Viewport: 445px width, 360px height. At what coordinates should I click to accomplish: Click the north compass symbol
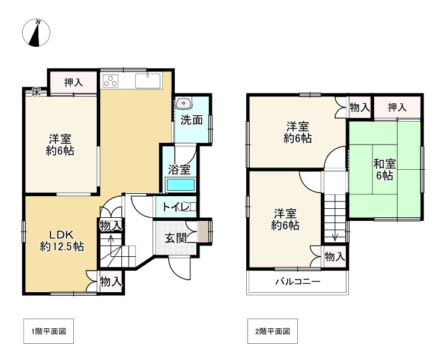coord(38,33)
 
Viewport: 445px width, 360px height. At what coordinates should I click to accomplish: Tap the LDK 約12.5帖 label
coord(61,239)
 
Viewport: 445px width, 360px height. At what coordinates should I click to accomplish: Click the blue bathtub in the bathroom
coord(180,185)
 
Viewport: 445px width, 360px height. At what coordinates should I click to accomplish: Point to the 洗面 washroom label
coord(192,119)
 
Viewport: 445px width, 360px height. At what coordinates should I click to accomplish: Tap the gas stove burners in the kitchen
coord(112,81)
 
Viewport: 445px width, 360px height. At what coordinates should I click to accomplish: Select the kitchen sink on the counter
coord(147,81)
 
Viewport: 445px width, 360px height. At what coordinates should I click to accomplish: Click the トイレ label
coord(177,208)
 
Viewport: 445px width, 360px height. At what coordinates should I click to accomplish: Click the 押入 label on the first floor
coord(73,82)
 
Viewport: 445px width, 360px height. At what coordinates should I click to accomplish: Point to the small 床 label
coord(36,92)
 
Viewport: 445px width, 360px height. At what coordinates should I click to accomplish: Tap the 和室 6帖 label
coord(384,169)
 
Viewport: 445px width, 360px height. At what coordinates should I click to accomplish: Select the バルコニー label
coord(297,282)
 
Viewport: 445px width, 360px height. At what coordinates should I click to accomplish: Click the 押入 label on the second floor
coord(396,107)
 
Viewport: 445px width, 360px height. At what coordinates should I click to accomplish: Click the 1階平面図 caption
coord(49,331)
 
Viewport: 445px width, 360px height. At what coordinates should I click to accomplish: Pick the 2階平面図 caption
coord(272,331)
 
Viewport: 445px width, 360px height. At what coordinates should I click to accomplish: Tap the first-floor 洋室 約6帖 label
coord(61,145)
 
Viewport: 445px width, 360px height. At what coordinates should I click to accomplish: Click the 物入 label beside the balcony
coord(335,256)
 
